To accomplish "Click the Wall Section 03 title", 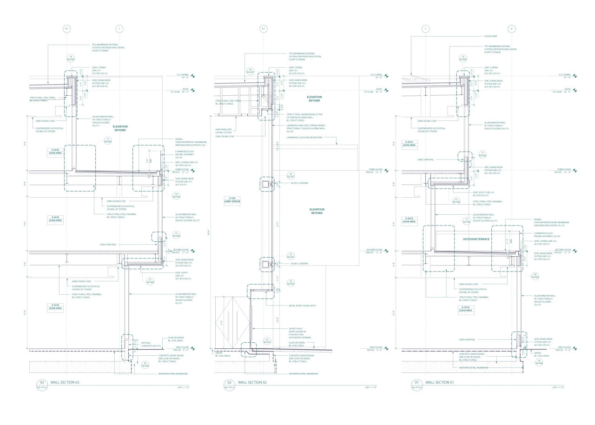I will coord(65,383).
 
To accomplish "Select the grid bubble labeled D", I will coord(511,29).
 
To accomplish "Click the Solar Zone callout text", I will coord(490,36).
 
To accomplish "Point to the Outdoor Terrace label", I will coord(476,239).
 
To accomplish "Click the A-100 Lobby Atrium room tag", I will coord(232,200).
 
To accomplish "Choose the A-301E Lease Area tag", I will coord(55,151).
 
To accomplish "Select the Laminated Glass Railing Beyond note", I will coord(304,138).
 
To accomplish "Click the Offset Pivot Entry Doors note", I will coord(300,333).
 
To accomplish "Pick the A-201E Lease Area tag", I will coord(55,219).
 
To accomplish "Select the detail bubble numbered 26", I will coord(539,361).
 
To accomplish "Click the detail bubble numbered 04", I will coord(250,70).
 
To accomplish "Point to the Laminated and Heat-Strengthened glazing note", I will coord(306,128).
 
